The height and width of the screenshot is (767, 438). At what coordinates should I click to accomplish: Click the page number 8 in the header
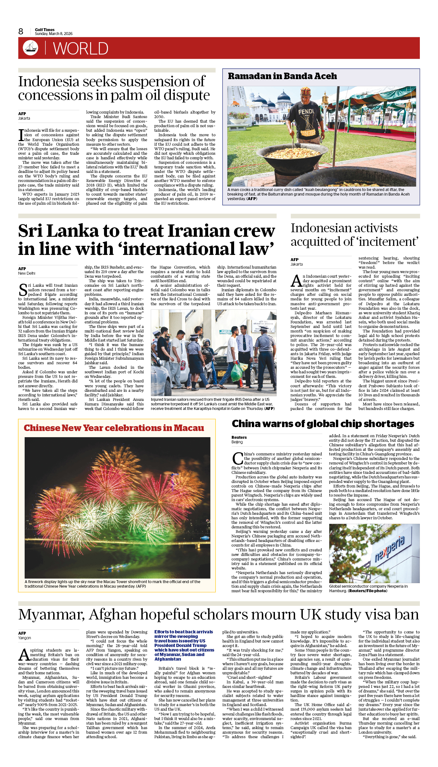coord(21,31)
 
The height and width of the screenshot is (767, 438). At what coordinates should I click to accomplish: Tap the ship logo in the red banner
coord(30,47)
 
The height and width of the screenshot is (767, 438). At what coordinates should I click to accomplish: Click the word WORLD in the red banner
coord(80,49)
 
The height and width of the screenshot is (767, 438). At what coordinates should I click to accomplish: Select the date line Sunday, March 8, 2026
coord(53,34)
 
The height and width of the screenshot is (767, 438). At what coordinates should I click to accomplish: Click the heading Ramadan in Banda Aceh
coord(282,76)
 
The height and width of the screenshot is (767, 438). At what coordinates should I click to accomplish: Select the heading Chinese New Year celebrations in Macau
coord(114,428)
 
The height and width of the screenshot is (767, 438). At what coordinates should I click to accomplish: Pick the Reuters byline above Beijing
coord(239,437)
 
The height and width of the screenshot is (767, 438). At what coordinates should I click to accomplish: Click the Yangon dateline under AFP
coord(25,638)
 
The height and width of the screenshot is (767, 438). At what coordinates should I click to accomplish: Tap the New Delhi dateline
coord(27,273)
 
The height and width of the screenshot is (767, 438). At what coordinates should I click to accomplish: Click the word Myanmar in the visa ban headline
coord(52,615)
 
